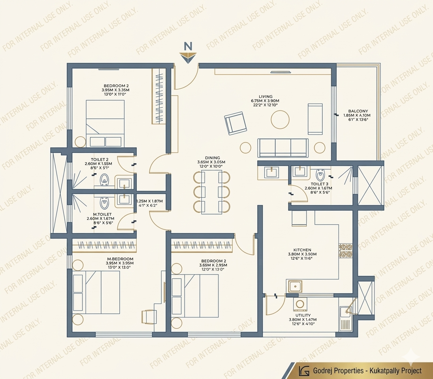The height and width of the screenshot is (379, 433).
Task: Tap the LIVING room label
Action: pos(265,96)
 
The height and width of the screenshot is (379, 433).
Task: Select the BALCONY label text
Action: pos(358,111)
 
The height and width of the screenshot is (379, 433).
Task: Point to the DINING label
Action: pos(211,158)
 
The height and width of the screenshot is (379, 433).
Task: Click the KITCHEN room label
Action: pos(302,250)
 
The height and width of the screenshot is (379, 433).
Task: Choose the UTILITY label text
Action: pos(303,315)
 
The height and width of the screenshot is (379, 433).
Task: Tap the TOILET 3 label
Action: pos(319,184)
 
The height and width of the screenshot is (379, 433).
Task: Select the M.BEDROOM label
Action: pos(119,259)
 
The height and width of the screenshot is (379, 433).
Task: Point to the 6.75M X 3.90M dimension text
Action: pos(265,101)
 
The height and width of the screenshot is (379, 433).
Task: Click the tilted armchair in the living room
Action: pos(236,124)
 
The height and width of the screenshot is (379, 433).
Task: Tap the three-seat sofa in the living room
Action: pos(283,148)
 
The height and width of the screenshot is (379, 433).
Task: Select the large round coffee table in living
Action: pos(280,119)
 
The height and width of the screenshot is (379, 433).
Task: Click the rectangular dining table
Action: pos(211,193)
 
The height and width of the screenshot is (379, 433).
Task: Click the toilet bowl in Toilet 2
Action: pos(104,180)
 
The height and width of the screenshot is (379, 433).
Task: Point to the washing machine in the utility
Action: pos(299,304)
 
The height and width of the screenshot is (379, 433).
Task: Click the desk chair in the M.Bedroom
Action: pos(149,317)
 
